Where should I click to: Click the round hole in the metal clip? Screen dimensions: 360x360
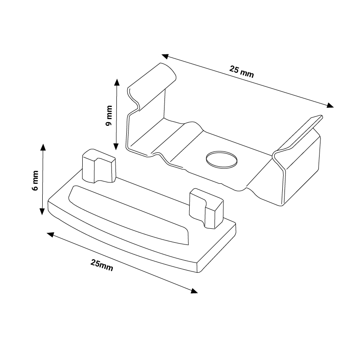[x=221, y=159]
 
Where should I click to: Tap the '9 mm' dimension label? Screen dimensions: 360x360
[x=109, y=116]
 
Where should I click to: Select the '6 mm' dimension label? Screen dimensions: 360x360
[x=35, y=181]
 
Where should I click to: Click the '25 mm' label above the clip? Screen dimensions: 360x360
[x=241, y=71]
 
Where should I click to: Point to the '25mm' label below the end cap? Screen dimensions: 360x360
[x=102, y=265]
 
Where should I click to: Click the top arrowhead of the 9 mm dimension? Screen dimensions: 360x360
[x=117, y=82]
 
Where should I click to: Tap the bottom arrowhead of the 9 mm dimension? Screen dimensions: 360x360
[x=116, y=147]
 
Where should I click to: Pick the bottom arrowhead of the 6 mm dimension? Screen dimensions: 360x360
[x=42, y=212]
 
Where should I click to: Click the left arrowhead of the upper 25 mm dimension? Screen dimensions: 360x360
[x=165, y=56]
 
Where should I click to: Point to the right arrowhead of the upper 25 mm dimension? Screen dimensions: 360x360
[x=330, y=105]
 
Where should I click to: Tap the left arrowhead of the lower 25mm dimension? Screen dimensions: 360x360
[x=50, y=235]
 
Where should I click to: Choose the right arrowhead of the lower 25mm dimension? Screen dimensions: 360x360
[x=194, y=291]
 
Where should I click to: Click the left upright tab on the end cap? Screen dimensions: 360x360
[x=99, y=166]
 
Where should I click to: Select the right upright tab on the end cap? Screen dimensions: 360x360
[x=206, y=209]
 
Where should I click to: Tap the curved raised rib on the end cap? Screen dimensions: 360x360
[x=129, y=215]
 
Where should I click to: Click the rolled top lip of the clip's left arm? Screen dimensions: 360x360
[x=152, y=87]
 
